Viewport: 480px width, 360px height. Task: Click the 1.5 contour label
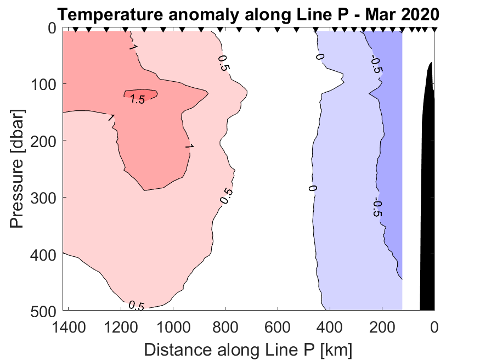(x=137, y=99)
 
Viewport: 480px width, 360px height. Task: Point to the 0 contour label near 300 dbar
(x=313, y=188)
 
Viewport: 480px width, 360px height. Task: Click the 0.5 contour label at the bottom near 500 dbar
(x=136, y=306)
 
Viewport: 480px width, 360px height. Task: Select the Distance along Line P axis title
(x=248, y=350)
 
